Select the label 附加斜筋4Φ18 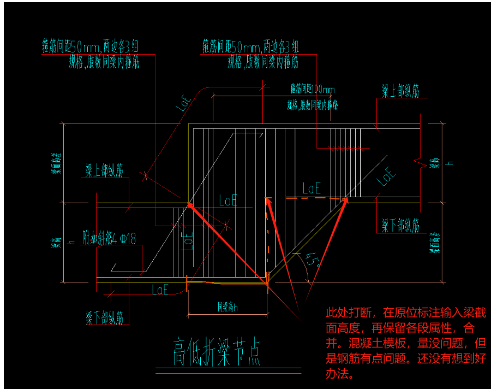tap(109, 238)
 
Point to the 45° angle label tap(312, 259)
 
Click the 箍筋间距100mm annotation tap(313, 89)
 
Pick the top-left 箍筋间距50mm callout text tap(91, 45)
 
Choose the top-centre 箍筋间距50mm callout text tap(250, 45)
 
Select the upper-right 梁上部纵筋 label tap(400, 91)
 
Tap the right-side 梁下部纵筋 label tap(400, 224)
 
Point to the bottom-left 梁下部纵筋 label tap(104, 317)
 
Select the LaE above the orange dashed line tap(311, 189)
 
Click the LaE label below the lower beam tap(160, 290)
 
